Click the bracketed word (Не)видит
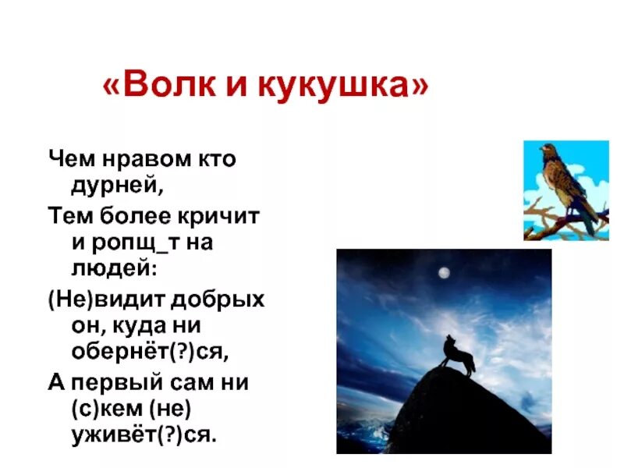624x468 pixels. pyautogui.click(x=101, y=300)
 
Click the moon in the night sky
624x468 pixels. pyautogui.click(x=444, y=272)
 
